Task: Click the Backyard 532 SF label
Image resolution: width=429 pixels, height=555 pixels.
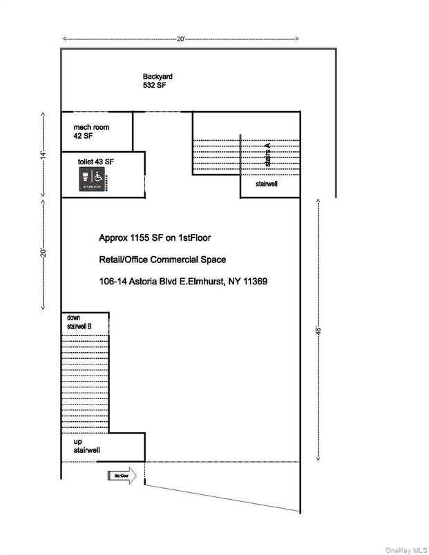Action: click(x=155, y=81)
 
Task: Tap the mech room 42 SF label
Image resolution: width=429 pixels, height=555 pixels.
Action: click(x=91, y=131)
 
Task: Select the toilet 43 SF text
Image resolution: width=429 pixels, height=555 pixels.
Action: click(x=96, y=161)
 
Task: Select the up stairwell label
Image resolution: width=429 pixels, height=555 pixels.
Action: click(x=87, y=445)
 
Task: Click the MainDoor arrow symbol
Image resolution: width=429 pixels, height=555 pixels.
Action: click(x=122, y=475)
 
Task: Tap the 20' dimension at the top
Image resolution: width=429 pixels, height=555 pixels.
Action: click(x=180, y=39)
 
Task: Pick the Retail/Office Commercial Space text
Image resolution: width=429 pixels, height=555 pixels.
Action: click(x=162, y=260)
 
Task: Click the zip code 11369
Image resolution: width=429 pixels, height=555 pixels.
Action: click(x=254, y=282)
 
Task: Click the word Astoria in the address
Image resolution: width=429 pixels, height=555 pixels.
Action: click(x=142, y=282)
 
